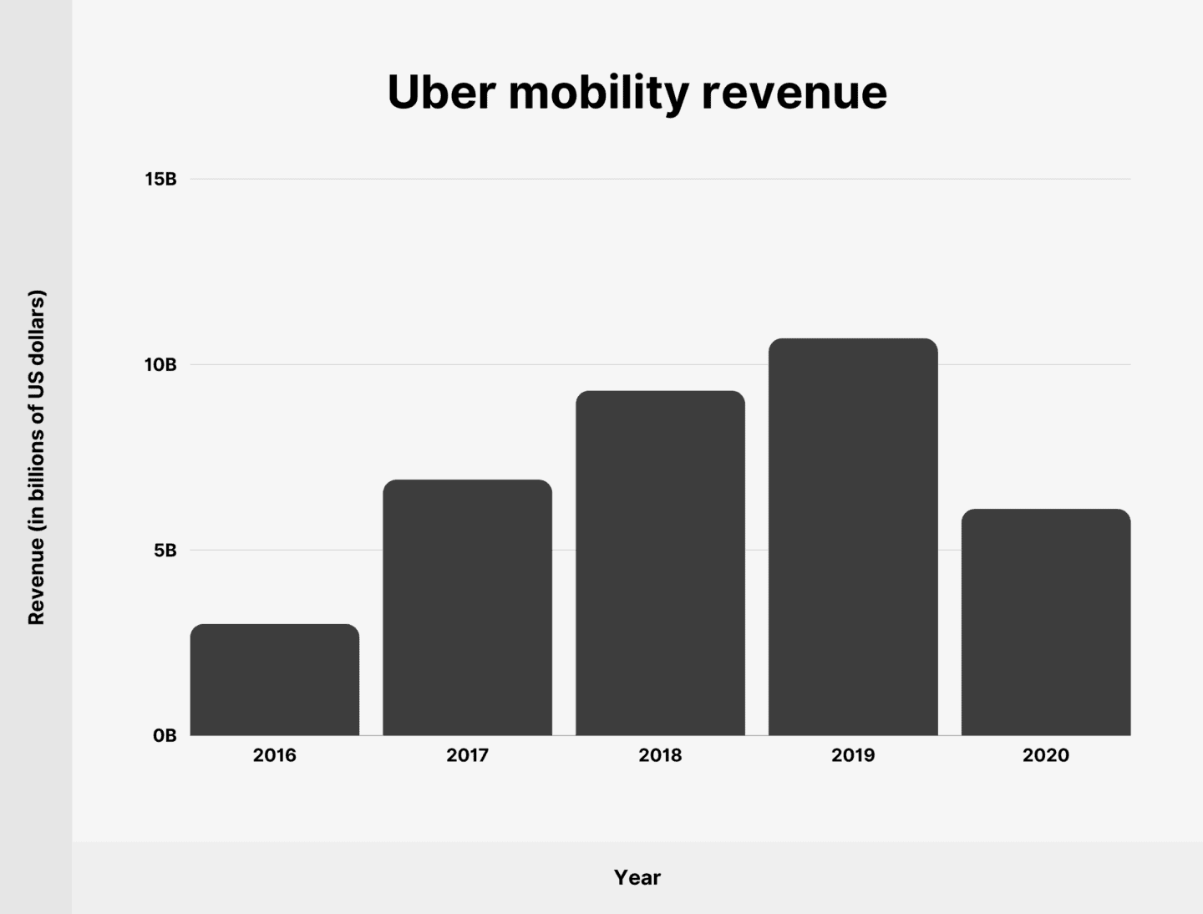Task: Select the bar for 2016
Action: click(x=275, y=680)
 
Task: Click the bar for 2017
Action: click(x=467, y=607)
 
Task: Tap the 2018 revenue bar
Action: click(x=660, y=563)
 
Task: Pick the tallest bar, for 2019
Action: click(x=853, y=537)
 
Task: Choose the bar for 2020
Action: click(x=1045, y=622)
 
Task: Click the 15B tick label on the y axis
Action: click(x=160, y=180)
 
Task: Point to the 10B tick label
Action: click(x=160, y=365)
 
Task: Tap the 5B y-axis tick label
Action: click(x=164, y=551)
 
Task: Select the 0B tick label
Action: click(x=164, y=736)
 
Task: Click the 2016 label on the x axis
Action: click(x=275, y=755)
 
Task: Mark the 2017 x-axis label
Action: click(x=467, y=755)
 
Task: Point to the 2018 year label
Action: click(x=660, y=755)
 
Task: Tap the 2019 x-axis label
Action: click(x=853, y=755)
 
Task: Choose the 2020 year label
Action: click(x=1045, y=755)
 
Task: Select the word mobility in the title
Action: click(x=598, y=94)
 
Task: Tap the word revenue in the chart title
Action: click(x=794, y=94)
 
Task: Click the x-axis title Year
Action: click(x=637, y=877)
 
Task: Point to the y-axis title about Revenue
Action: click(x=37, y=457)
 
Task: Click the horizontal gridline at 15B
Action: click(x=660, y=179)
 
